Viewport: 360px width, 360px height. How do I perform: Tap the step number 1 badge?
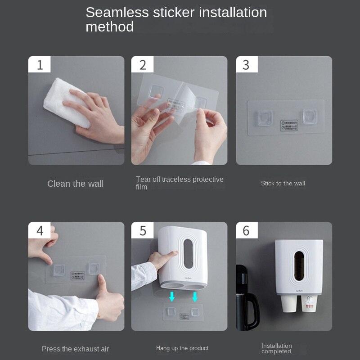pos(40,64)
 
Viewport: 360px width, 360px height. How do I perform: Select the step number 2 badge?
pos(143,64)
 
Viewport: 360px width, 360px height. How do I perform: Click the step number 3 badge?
pos(246,64)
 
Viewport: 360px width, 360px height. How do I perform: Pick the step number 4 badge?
pos(40,230)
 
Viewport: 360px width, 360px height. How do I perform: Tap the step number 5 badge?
pos(143,230)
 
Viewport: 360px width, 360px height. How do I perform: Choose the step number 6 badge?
pos(246,230)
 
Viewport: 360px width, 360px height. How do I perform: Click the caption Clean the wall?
pos(75,184)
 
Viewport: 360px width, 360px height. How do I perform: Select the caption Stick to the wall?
pos(283,183)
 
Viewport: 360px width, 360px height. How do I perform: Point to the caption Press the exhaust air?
pos(75,349)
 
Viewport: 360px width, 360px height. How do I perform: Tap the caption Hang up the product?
pos(182,348)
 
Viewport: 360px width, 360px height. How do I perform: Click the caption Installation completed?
pos(277,348)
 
